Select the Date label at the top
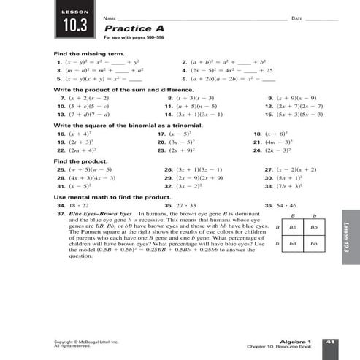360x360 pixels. (x=296, y=17)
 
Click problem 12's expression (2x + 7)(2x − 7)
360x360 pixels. (x=293, y=106)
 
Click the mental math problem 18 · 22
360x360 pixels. (x=77, y=206)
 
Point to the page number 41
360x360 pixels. (x=329, y=341)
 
